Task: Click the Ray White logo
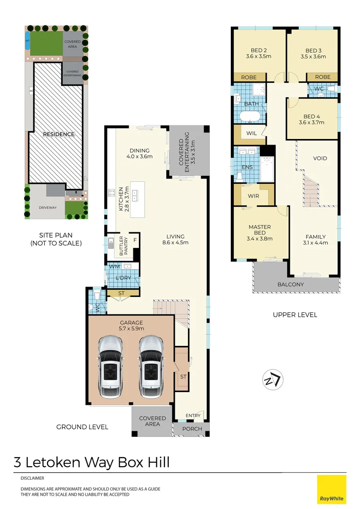pyautogui.click(x=331, y=489)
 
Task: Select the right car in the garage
pyautogui.click(x=151, y=361)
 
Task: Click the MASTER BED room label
pyautogui.click(x=260, y=227)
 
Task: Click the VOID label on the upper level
pyautogui.click(x=320, y=158)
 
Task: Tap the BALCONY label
pyautogui.click(x=290, y=284)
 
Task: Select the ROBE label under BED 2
pyautogui.click(x=249, y=77)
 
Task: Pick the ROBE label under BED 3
pyautogui.click(x=322, y=77)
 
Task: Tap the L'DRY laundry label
pyautogui.click(x=123, y=278)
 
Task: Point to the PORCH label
pyautogui.click(x=192, y=429)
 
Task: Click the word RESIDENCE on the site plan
pyautogui.click(x=59, y=134)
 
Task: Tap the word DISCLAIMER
pyautogui.click(x=33, y=478)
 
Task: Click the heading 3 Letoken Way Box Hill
pyautogui.click(x=91, y=462)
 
